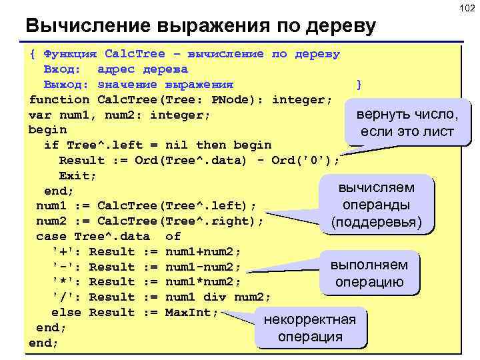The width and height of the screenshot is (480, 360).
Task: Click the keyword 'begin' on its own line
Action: (48, 129)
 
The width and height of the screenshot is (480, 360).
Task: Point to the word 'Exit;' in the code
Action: (78, 175)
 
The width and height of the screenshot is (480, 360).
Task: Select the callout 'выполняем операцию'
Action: (369, 273)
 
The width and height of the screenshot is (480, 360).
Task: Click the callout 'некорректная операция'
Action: (310, 327)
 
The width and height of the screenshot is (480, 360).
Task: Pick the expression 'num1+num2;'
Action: (203, 251)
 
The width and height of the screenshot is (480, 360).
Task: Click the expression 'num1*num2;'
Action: (203, 281)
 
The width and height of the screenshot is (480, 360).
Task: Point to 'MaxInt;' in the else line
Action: (191, 312)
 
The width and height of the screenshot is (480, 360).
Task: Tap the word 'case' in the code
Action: (51, 236)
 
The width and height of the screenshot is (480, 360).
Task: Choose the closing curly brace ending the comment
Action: (359, 84)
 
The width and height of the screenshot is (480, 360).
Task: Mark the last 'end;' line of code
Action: (44, 343)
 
